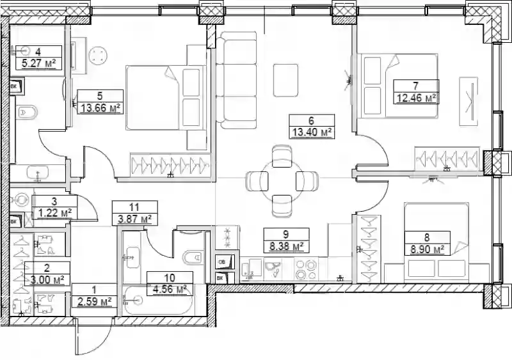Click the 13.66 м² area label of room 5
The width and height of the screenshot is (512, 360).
(100, 107)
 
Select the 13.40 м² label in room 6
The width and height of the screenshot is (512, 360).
(311, 132)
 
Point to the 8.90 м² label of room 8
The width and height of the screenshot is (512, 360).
(427, 249)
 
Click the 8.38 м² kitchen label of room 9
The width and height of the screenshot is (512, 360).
(287, 246)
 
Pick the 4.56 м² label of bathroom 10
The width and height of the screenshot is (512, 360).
(170, 290)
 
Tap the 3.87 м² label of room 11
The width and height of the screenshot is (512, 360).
(135, 219)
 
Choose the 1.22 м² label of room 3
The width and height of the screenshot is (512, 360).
(55, 213)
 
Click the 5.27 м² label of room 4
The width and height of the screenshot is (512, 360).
(38, 63)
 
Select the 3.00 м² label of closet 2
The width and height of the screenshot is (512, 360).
(47, 279)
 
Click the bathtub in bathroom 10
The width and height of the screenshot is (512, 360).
(157, 301)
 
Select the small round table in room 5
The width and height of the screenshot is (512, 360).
(99, 55)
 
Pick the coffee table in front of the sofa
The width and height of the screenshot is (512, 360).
(285, 81)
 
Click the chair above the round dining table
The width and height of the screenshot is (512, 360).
(282, 156)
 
